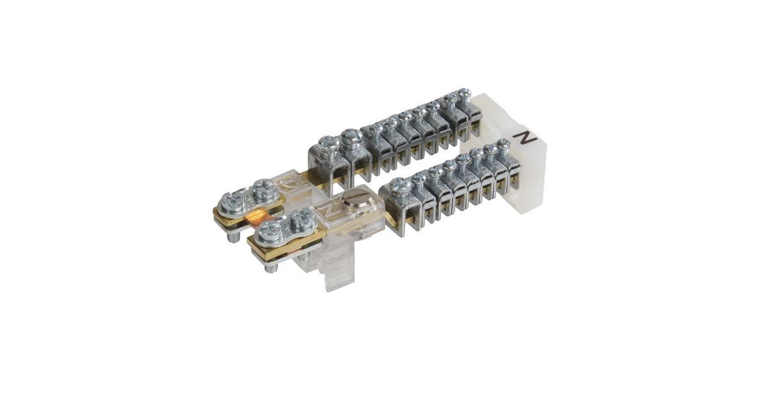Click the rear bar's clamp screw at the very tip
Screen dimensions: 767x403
231,202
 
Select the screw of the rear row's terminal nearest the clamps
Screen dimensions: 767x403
327,143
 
